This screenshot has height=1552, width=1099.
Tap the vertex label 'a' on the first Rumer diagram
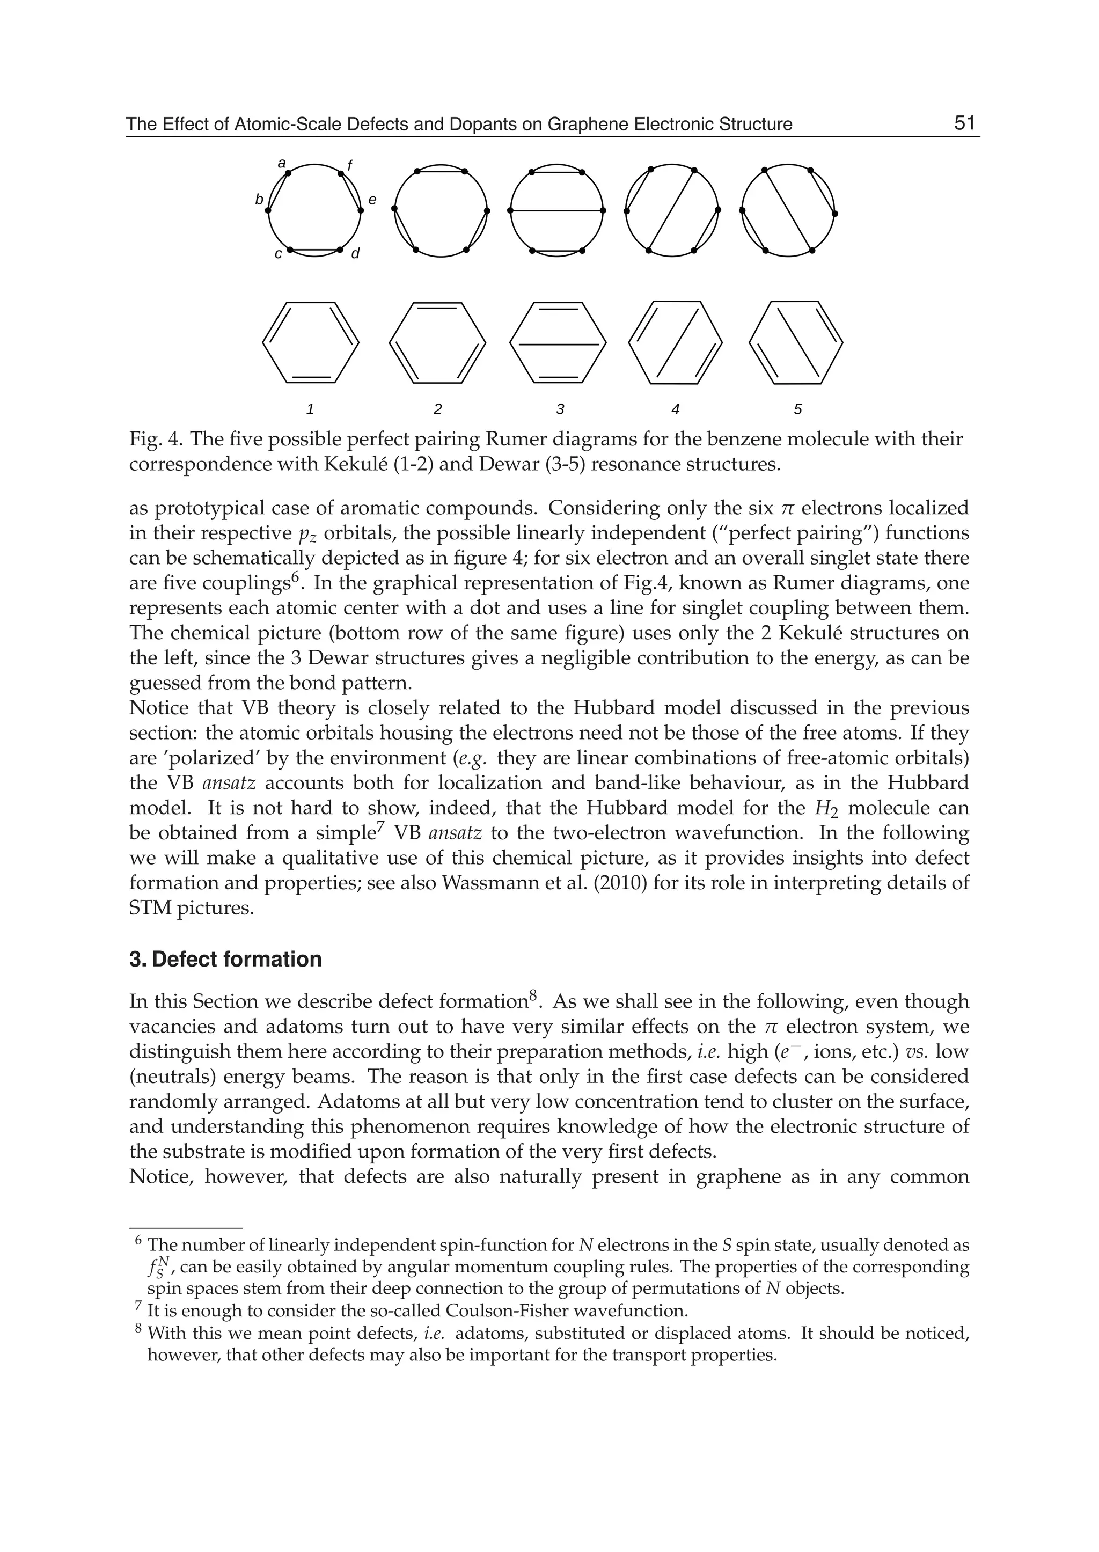tap(282, 163)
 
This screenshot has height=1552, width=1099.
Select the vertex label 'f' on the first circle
tap(350, 165)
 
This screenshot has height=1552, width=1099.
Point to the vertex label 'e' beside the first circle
tap(372, 200)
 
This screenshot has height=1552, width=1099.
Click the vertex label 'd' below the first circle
tap(355, 253)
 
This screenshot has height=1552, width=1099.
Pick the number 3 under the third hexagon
tap(560, 409)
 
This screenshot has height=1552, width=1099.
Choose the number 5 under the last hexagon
tap(798, 409)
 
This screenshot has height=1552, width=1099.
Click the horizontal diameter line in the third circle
tap(556, 210)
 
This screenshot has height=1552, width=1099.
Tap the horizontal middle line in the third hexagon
tap(556, 345)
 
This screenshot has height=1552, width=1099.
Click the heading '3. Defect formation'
tap(225, 959)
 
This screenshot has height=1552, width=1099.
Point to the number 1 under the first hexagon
tap(310, 409)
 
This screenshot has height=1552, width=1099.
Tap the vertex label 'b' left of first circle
tap(259, 200)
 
